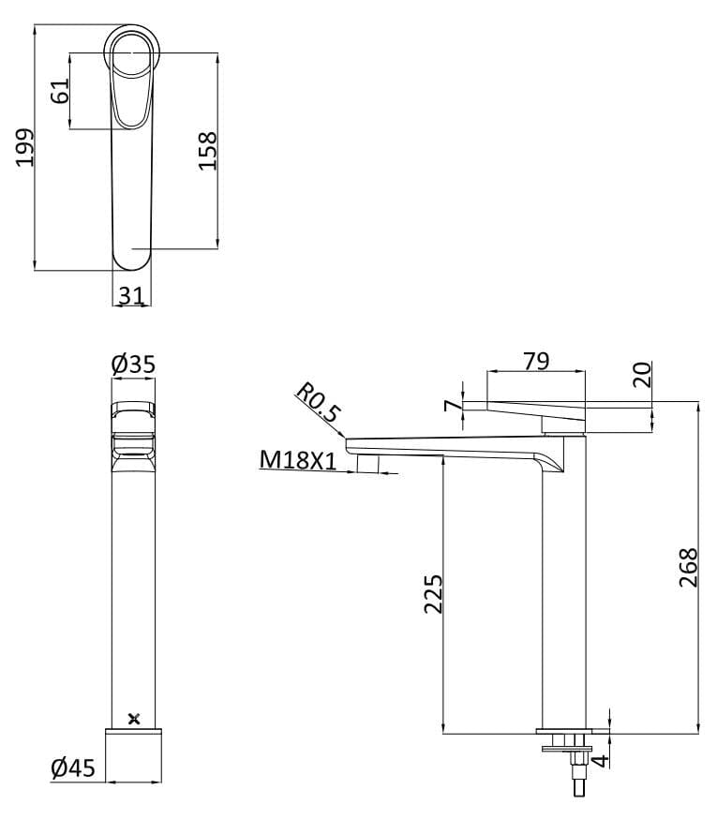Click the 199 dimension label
pos(25,147)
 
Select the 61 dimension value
pos(59,92)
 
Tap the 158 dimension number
pos(208,150)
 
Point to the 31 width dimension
pos(131,295)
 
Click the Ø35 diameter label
pos(132,363)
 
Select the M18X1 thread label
pos(297,459)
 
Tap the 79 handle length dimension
pos(536,361)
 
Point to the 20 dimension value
pos(642,375)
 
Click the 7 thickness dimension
pos(452,406)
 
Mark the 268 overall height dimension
pos(688,567)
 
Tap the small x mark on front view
pos(134,719)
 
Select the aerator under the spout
pos(368,465)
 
